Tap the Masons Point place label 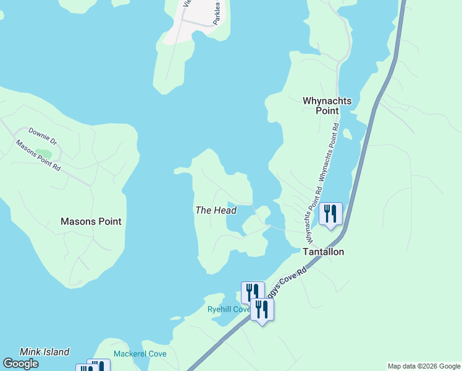click(x=91, y=221)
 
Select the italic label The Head click(x=216, y=210)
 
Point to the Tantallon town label click(x=322, y=252)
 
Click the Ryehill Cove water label click(x=229, y=309)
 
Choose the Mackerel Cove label click(x=140, y=354)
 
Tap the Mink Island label click(x=44, y=352)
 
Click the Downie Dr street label click(x=42, y=136)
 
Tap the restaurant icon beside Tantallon click(x=330, y=214)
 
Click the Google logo click(x=22, y=364)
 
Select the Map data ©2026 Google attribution click(x=424, y=366)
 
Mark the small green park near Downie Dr click(x=44, y=153)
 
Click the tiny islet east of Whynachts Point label click(x=347, y=134)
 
